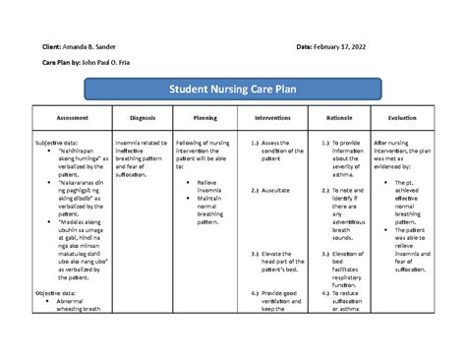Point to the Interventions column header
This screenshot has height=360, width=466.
coord(271,117)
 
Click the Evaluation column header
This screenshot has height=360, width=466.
coord(403,117)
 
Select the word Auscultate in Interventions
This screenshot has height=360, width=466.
coord(279,190)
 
